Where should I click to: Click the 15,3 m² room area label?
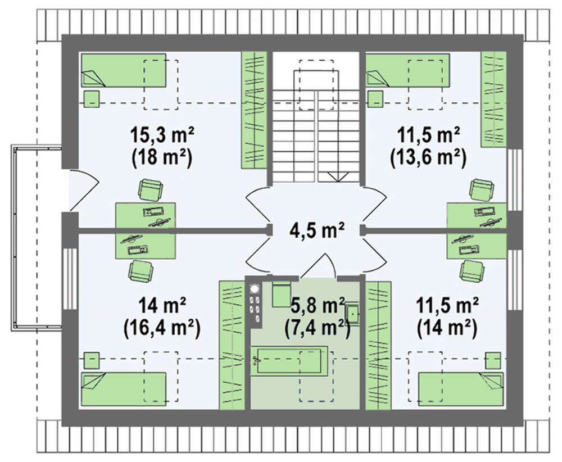162,135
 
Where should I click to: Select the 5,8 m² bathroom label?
318,305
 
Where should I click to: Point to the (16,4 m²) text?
162,328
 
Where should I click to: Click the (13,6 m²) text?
428,158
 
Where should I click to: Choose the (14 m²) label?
447,328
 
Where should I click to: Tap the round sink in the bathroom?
255,288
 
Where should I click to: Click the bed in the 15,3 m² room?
124,70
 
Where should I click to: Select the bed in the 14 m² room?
124,389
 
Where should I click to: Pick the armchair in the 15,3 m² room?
151,189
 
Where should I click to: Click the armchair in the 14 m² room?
141,270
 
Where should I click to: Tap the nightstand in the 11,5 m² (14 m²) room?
493,360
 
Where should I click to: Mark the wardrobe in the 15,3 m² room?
254,110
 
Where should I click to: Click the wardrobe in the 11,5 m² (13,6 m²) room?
493,99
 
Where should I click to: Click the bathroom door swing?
318,266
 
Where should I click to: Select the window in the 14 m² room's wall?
70,279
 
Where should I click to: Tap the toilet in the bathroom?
281,293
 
